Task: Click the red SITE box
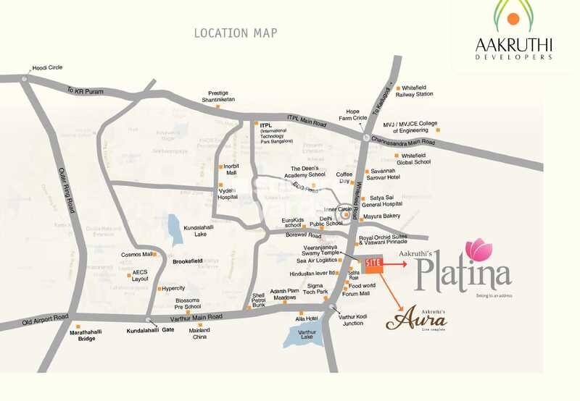(x=373, y=266)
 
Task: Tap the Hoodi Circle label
(x=47, y=67)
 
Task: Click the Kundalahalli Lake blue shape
(x=175, y=228)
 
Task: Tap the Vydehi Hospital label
(x=228, y=193)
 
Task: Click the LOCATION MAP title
(x=236, y=33)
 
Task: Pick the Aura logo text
(x=415, y=319)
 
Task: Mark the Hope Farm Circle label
(x=353, y=114)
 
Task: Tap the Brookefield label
(x=187, y=260)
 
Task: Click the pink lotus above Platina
(x=478, y=248)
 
